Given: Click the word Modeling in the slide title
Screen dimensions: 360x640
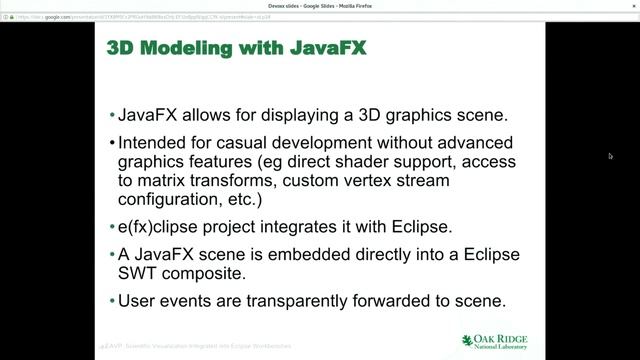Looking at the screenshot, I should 190,48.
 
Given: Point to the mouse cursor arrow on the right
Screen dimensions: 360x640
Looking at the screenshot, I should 610,156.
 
